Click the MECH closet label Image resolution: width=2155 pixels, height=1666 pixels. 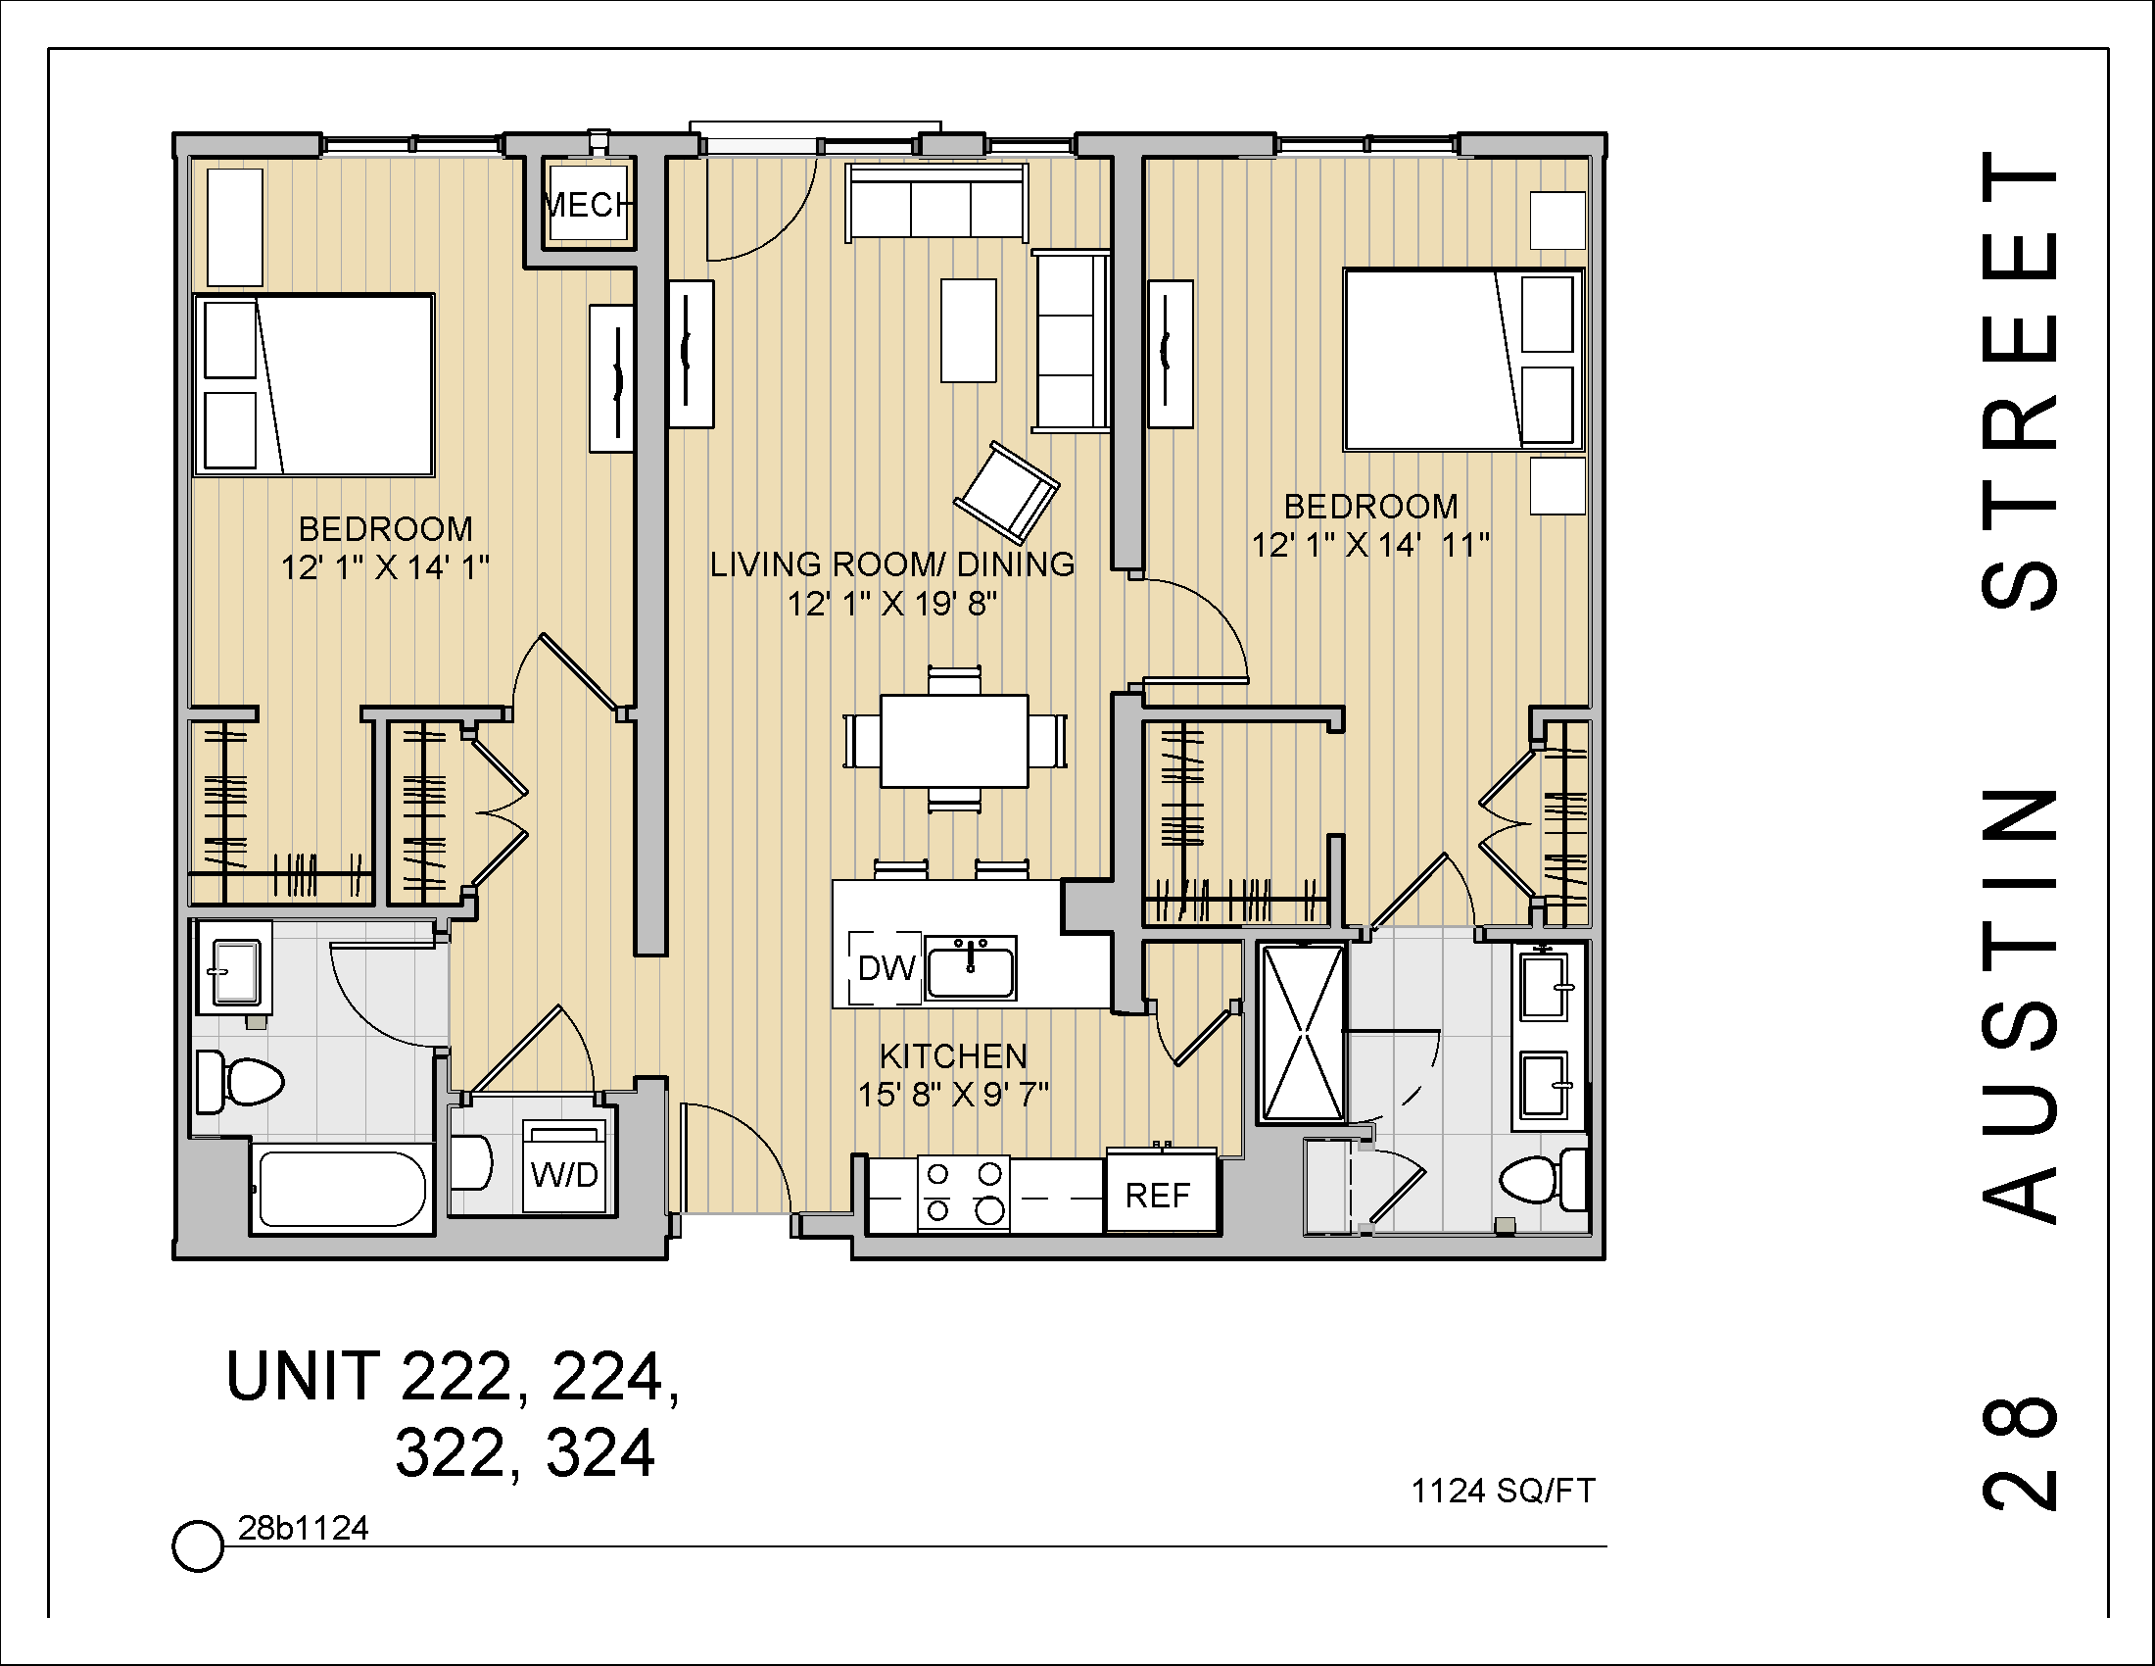click(588, 205)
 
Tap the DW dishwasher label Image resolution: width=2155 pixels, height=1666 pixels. click(886, 968)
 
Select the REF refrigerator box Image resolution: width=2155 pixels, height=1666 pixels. click(1159, 1196)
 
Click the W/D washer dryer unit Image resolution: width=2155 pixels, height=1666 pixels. click(564, 1173)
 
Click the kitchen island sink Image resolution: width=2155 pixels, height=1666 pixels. click(971, 968)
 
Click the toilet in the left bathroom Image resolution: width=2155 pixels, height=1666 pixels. click(243, 1082)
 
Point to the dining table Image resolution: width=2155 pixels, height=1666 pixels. click(954, 741)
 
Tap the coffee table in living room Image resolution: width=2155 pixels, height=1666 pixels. click(968, 329)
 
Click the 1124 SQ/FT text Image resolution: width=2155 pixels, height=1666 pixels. click(1503, 1491)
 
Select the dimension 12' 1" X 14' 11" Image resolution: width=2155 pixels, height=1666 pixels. click(1370, 545)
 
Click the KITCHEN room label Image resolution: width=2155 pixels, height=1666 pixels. click(953, 1056)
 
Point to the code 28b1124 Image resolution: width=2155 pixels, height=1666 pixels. click(303, 1528)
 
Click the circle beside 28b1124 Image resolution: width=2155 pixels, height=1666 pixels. click(197, 1544)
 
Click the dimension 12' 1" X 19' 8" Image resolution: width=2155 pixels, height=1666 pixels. click(892, 603)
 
